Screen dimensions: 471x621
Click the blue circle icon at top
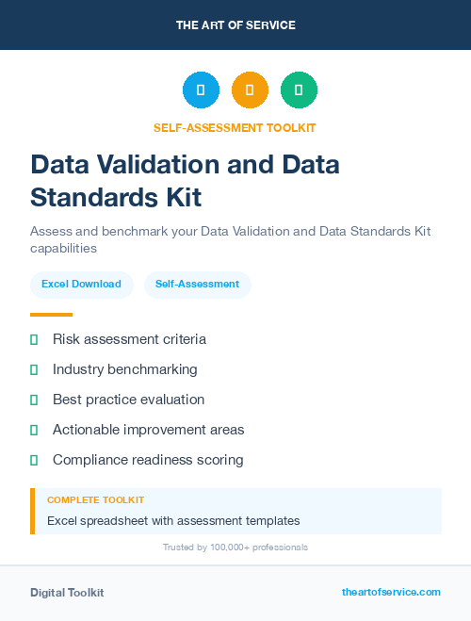tap(201, 90)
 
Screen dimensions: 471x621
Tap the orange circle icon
tap(250, 90)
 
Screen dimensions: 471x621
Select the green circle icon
tap(299, 90)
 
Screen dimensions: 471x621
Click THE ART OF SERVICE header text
tap(235, 25)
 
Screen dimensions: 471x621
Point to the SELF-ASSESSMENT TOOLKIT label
tap(235, 128)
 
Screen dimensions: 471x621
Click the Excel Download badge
tap(81, 285)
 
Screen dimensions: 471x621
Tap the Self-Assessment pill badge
tap(197, 285)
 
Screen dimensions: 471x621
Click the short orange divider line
tap(51, 315)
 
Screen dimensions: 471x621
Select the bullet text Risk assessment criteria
tap(129, 339)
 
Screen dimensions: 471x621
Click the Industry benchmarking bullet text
tap(124, 369)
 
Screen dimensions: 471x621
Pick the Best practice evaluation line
tap(128, 400)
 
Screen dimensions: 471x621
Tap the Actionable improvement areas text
tap(148, 430)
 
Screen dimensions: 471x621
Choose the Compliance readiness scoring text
tap(148, 460)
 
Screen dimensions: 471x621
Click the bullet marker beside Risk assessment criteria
tap(34, 339)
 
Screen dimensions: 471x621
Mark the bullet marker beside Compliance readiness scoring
tap(34, 460)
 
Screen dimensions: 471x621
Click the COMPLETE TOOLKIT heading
tap(95, 500)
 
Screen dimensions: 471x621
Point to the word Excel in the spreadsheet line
tap(61, 520)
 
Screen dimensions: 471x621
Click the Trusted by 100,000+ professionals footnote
tap(235, 547)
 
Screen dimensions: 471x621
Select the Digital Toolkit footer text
tap(67, 593)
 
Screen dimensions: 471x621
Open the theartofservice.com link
tap(391, 592)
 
